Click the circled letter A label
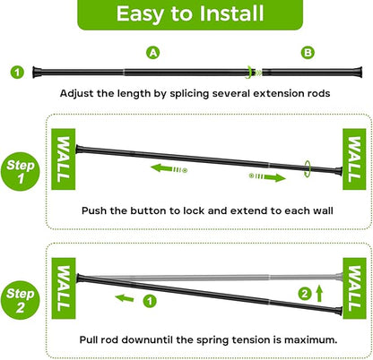(x=153, y=53)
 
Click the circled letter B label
(x=308, y=53)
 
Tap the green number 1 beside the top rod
(x=17, y=73)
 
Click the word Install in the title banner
(x=231, y=13)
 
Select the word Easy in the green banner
(x=140, y=14)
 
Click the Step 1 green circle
(x=21, y=172)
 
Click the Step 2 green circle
(x=21, y=300)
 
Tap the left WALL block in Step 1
(x=64, y=159)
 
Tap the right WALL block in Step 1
(x=354, y=159)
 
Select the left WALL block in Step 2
(x=64, y=288)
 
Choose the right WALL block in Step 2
(x=354, y=288)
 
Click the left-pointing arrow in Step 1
(x=169, y=168)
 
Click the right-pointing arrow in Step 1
(x=267, y=177)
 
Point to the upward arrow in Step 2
(x=319, y=293)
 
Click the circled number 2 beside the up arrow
(x=305, y=294)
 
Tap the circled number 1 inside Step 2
(x=150, y=301)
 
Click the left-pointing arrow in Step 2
(x=125, y=297)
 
